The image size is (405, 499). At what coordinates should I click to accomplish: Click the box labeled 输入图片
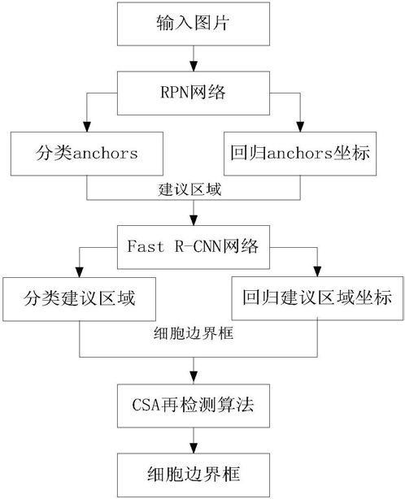(x=194, y=24)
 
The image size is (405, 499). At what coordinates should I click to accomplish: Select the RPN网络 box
(x=194, y=93)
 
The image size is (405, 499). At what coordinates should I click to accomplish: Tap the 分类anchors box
(x=87, y=154)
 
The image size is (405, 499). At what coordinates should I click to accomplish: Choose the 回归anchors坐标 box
(x=300, y=154)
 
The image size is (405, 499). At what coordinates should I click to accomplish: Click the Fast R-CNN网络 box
(x=194, y=247)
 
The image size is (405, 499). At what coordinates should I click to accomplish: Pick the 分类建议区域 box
(x=79, y=299)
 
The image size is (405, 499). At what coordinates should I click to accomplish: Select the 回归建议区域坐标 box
(x=317, y=298)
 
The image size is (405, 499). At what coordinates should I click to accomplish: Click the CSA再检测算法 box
(x=194, y=406)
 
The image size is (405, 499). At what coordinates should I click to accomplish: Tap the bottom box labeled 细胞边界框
(x=194, y=475)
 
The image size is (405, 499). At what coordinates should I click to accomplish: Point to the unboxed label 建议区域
(x=189, y=189)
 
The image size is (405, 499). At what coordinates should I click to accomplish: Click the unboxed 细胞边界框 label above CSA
(x=194, y=333)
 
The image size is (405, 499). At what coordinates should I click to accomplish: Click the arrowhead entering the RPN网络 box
(x=194, y=66)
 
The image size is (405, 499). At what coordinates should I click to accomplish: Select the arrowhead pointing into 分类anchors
(x=87, y=127)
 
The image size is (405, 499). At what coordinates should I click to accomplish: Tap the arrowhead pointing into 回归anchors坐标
(x=300, y=127)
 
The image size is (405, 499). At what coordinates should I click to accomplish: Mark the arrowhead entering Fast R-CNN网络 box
(x=194, y=220)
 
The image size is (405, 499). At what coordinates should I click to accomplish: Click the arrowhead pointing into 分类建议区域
(x=79, y=271)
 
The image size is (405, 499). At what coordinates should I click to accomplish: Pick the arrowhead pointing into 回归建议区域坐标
(x=317, y=271)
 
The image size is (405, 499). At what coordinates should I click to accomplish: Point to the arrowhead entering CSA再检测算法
(x=194, y=379)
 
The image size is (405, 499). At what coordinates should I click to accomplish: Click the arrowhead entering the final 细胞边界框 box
(x=194, y=448)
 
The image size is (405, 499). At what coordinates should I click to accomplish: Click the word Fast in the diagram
(x=146, y=246)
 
